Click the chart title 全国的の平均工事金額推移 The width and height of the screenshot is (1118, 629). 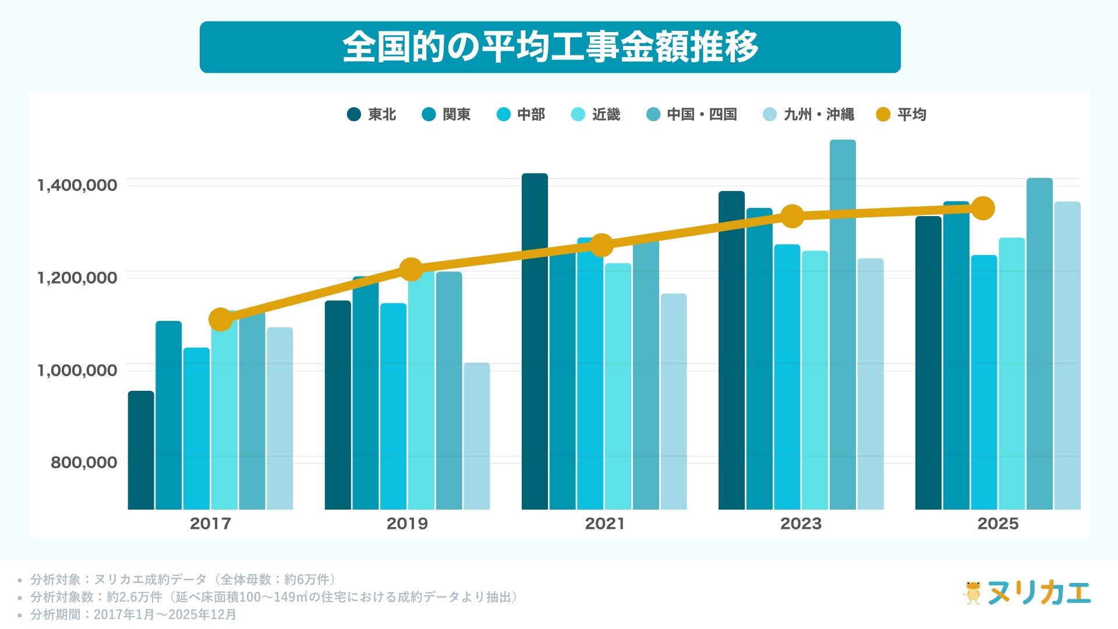(x=550, y=47)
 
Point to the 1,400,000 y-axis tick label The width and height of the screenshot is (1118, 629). (x=77, y=186)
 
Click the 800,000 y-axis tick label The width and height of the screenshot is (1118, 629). (x=84, y=462)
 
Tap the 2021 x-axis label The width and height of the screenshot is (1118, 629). (x=604, y=524)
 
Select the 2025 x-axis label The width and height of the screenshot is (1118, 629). (x=998, y=524)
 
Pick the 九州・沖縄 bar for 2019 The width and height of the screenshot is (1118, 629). (x=477, y=436)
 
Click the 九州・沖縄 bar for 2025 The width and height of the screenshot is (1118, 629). (x=1067, y=355)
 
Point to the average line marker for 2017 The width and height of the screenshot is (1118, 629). (x=221, y=319)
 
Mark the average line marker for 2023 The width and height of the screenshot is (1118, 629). (x=792, y=216)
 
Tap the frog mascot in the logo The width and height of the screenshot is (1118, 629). (x=972, y=593)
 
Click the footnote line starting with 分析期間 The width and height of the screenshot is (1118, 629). (x=133, y=614)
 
